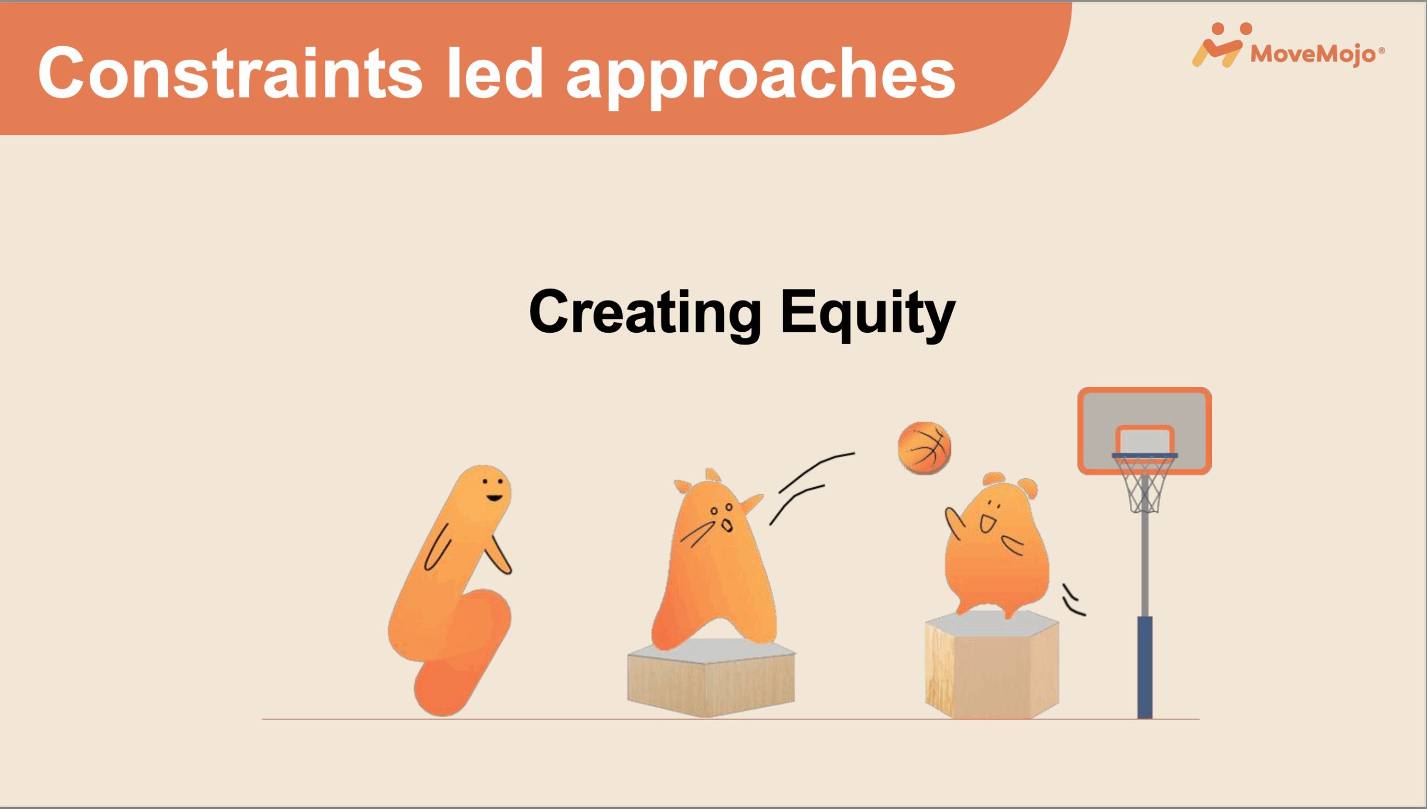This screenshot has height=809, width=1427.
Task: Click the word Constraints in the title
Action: click(230, 73)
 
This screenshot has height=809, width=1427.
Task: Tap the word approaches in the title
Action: click(761, 77)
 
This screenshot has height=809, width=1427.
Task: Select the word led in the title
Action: click(495, 72)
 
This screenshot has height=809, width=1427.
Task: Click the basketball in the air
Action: click(925, 448)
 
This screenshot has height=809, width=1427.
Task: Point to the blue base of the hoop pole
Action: click(1145, 667)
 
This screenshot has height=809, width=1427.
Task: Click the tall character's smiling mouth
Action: click(494, 498)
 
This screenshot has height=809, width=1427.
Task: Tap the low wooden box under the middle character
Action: click(711, 678)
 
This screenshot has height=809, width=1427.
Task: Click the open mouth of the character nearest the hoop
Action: click(987, 524)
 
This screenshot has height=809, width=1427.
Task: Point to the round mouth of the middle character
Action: click(727, 525)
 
